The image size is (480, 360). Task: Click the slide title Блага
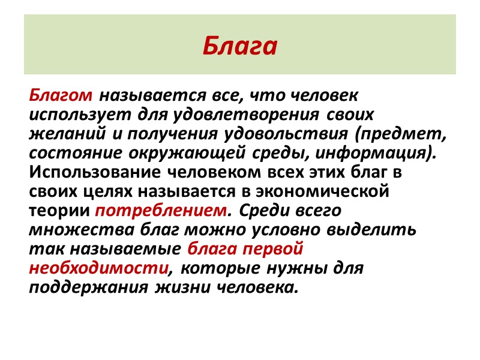coord(240,46)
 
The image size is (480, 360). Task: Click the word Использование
coord(88,172)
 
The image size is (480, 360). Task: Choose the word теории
coord(59,211)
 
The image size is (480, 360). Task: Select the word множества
coord(82,229)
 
